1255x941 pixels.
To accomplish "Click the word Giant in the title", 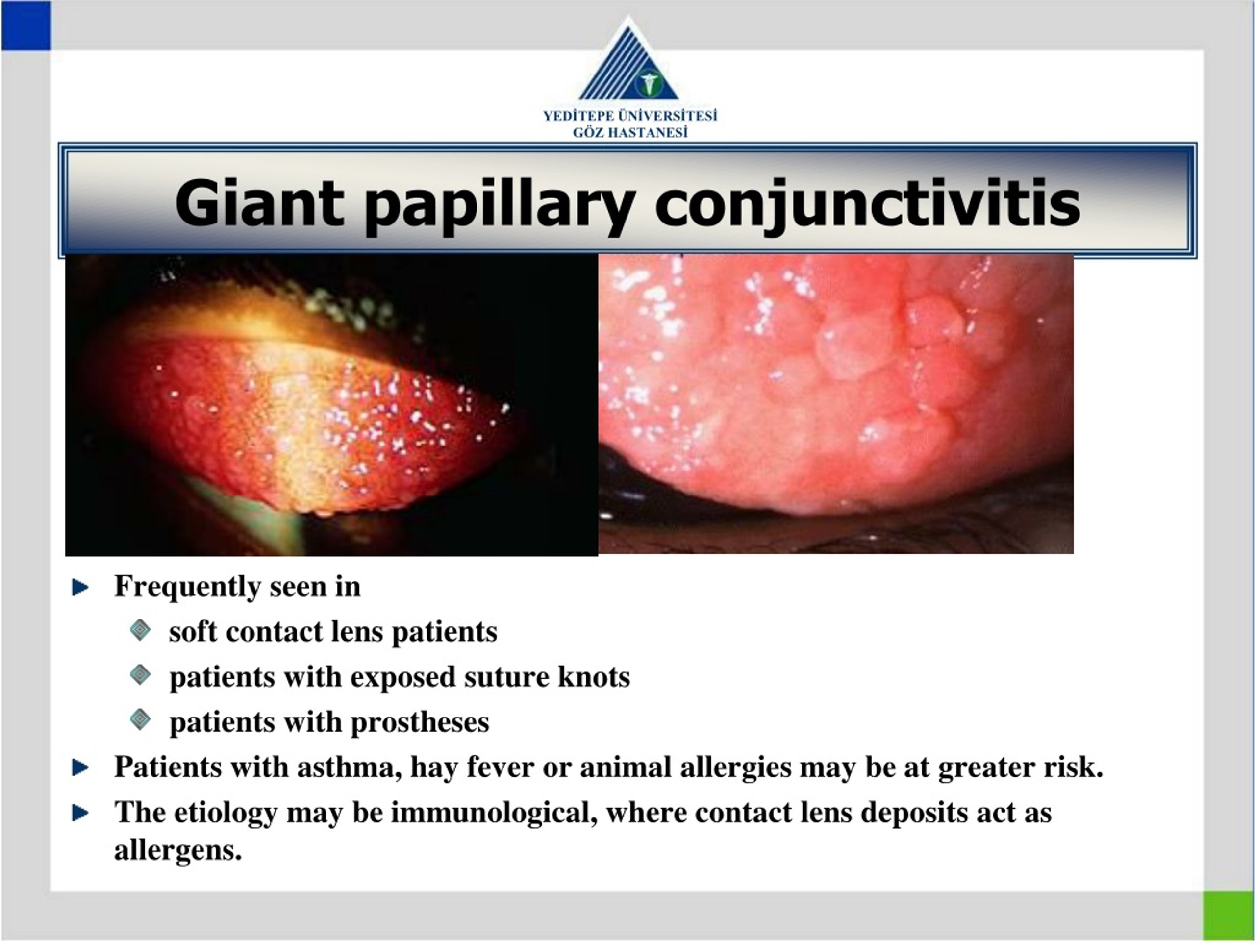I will pos(259,203).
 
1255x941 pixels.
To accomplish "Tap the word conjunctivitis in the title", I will pos(867,203).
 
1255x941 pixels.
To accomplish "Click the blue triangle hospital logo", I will pos(628,65).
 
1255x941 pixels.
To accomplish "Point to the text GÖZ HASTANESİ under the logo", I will pos(630,133).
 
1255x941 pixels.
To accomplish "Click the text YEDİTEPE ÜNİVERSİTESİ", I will pos(630,116).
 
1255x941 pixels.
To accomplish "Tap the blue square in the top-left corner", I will pos(26,25).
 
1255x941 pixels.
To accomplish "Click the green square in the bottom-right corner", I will pos(1229,915).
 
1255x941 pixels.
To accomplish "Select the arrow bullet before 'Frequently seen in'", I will pos(80,588).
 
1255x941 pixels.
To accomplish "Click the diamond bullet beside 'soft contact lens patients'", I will pos(140,630).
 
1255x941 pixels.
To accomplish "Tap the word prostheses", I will pos(420,722).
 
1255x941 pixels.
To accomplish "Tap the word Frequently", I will pos(187,587).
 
